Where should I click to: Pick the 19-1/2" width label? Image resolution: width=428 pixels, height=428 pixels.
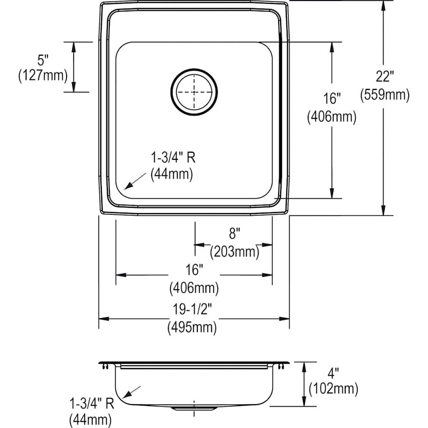[192, 310]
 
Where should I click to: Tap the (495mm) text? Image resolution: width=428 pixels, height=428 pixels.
[192, 327]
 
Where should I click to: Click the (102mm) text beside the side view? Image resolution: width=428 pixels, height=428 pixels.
[333, 389]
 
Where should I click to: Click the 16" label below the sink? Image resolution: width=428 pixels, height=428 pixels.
[194, 270]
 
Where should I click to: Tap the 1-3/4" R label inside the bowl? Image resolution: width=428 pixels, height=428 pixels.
[172, 157]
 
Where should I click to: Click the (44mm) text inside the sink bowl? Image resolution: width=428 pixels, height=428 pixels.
[172, 175]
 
